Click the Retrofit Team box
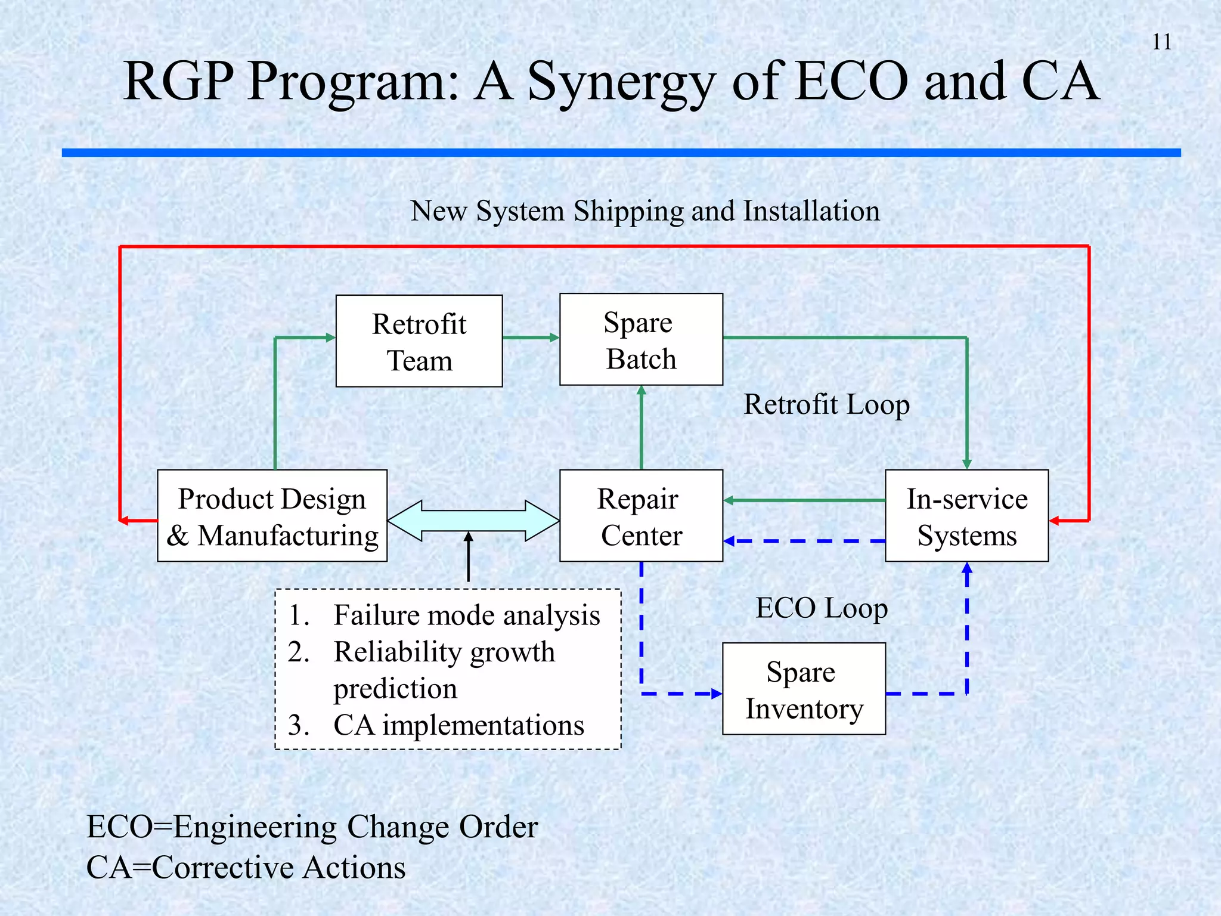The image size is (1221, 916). [419, 341]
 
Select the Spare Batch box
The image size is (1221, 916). [641, 339]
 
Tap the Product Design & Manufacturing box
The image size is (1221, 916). [272, 516]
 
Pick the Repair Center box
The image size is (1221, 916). [641, 516]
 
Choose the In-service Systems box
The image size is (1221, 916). [966, 516]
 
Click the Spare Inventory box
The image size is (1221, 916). [804, 689]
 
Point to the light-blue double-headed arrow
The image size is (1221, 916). [473, 521]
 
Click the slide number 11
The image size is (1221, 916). [1161, 42]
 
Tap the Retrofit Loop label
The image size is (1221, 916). [826, 404]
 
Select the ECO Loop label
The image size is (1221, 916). [822, 608]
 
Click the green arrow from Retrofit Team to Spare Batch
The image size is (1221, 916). [531, 338]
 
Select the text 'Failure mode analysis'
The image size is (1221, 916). [466, 615]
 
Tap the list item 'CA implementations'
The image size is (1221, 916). [458, 725]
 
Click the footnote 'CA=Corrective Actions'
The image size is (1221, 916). [246, 867]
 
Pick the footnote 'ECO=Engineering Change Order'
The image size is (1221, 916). [312, 827]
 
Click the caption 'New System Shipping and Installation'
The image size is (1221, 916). [644, 211]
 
